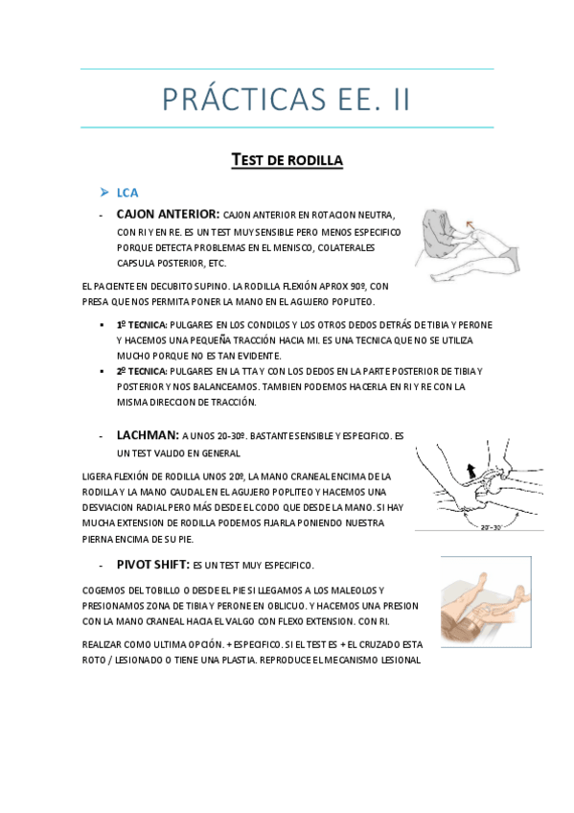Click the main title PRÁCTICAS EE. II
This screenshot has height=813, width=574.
click(x=287, y=99)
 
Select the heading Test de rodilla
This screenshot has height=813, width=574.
click(x=287, y=159)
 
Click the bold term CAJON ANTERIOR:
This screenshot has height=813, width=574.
click(x=168, y=214)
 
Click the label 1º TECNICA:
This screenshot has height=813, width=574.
click(x=142, y=325)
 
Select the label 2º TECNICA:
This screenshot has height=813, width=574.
click(x=142, y=371)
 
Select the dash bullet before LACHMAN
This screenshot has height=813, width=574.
click(x=102, y=435)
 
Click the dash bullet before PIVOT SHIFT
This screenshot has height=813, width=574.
click(x=102, y=566)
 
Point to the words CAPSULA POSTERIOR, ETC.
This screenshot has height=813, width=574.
click(x=172, y=263)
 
